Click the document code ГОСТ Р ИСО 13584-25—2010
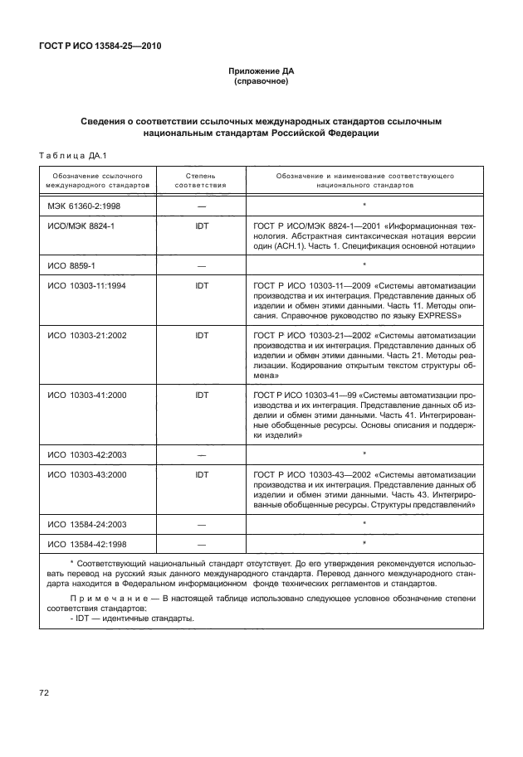(100, 46)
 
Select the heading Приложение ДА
(261, 72)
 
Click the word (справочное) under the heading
(261, 83)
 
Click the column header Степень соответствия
(201, 182)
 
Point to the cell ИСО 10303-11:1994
(86, 285)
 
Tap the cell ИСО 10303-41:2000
(86, 395)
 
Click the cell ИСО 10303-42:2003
(86, 455)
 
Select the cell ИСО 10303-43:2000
(86, 475)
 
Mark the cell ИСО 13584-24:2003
(86, 525)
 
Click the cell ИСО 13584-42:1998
(86, 545)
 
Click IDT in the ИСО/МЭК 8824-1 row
(201, 226)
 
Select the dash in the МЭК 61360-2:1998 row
(201, 205)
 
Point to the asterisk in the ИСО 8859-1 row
(364, 265)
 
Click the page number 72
(44, 692)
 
